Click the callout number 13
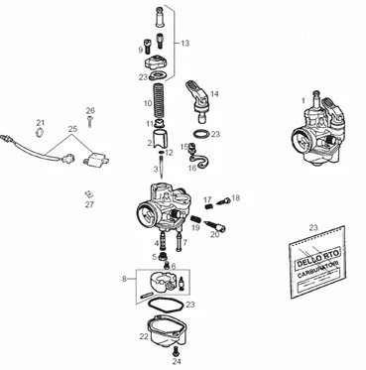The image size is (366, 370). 184,44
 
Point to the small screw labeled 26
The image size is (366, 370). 89,123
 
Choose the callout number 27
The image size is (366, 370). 89,204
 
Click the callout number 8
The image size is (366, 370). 123,280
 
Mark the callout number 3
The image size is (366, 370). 154,171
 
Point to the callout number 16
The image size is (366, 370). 192,168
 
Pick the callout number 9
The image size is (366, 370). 140,49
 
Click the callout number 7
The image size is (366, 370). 183,241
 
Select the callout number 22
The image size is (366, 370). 144,336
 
